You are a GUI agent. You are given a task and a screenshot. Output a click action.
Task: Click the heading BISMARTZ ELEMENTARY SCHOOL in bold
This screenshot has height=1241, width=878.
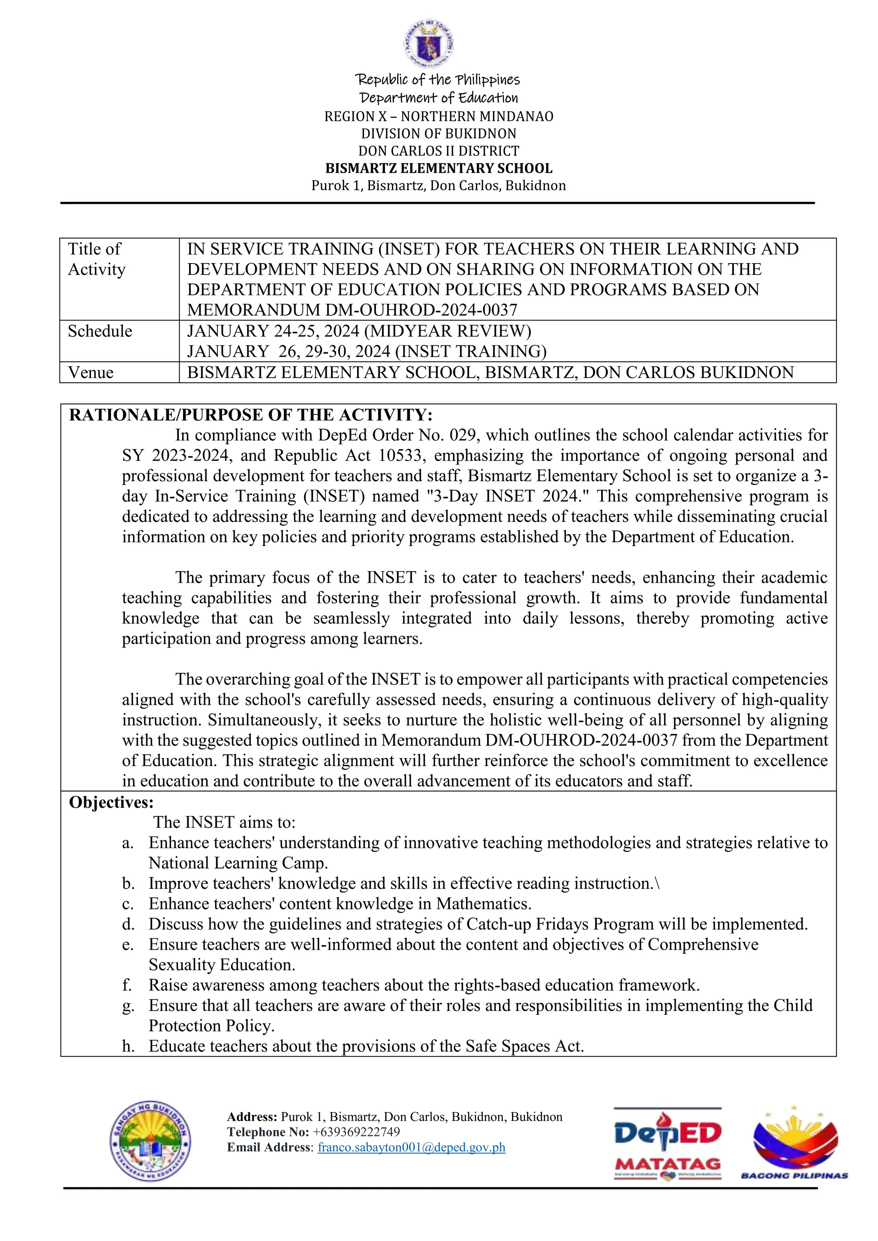point(439,168)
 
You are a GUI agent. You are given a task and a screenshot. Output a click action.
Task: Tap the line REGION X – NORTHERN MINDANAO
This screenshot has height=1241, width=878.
point(439,116)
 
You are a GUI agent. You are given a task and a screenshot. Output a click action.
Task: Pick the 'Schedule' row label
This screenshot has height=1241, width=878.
point(100,331)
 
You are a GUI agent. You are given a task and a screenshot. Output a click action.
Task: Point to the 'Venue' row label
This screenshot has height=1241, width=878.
point(91,372)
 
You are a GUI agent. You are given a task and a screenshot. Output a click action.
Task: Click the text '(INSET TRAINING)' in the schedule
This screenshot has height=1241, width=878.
point(470,351)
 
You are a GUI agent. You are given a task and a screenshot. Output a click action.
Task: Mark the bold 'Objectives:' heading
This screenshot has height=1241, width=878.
point(111,802)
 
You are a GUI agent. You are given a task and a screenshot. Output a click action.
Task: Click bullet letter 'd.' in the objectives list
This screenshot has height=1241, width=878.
point(128,924)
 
